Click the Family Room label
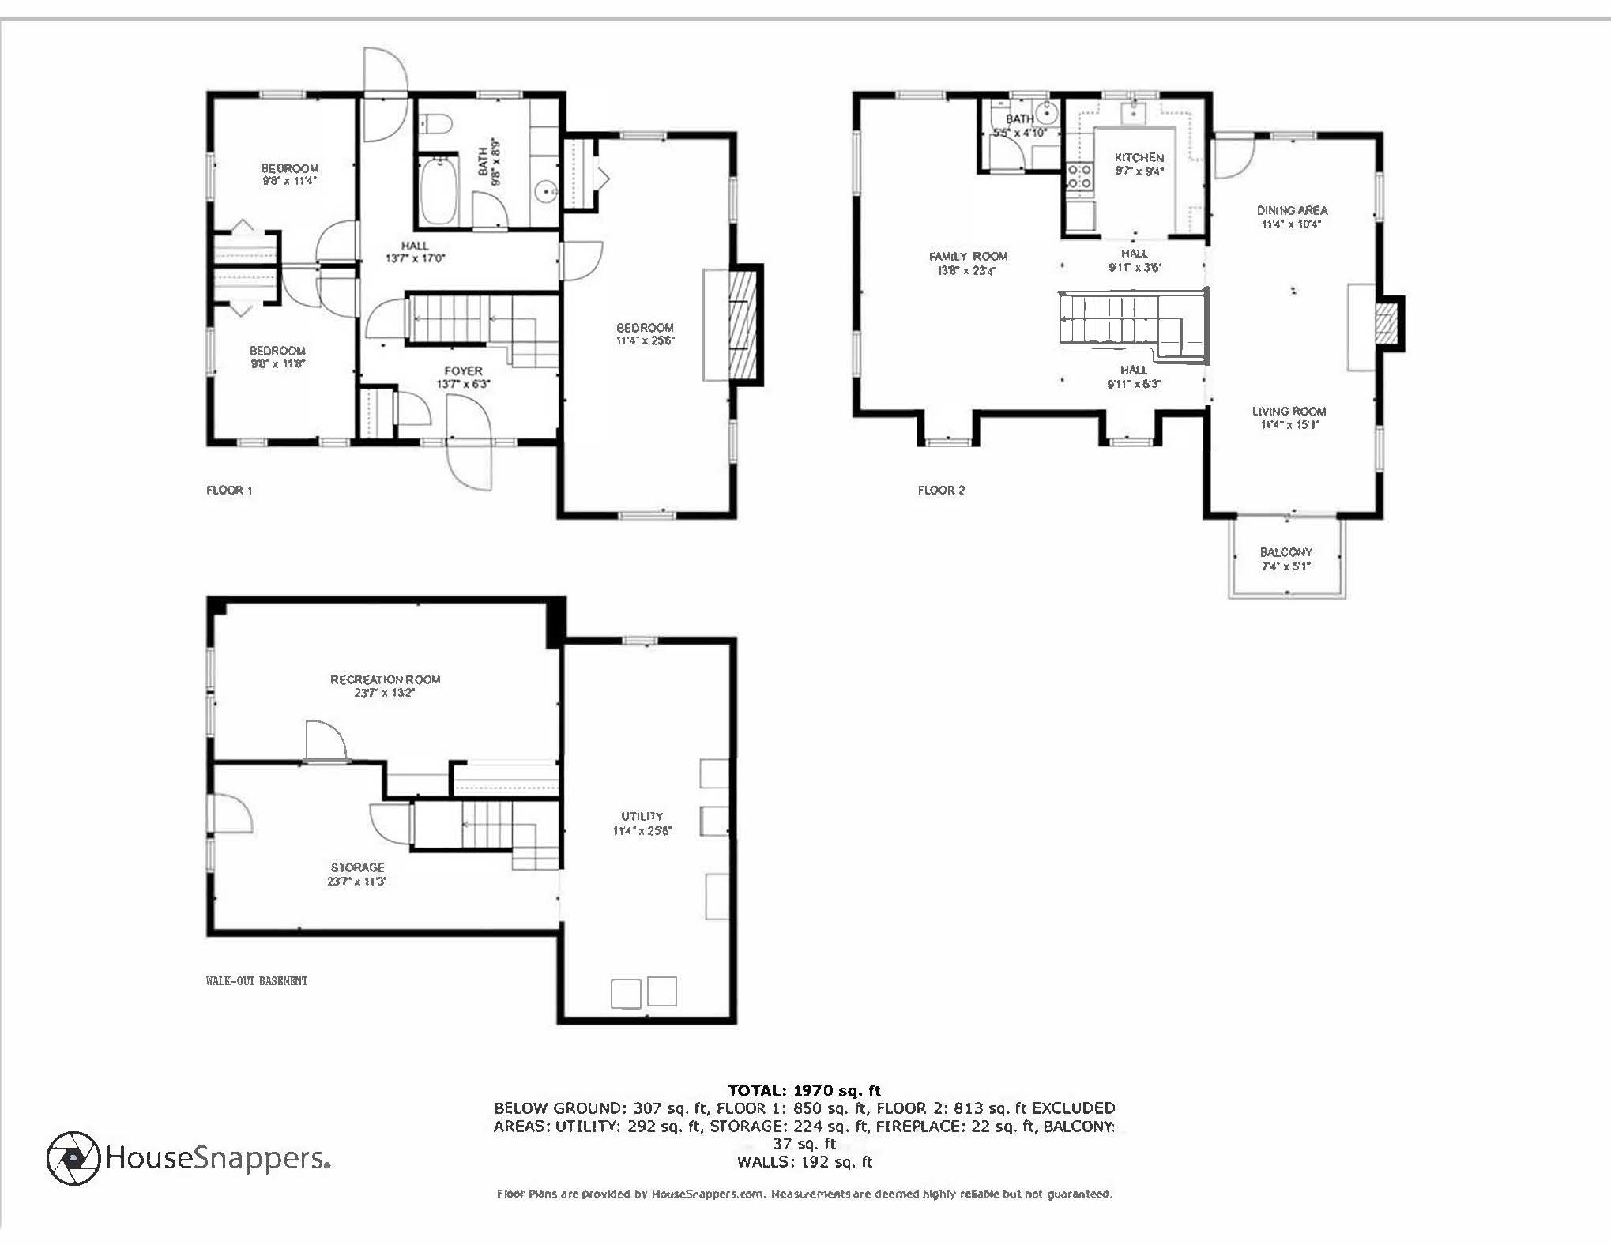pos(968,256)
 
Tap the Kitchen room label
pos(1139,157)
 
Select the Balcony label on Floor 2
pos(1285,552)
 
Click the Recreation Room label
pos(385,679)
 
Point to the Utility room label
pos(642,816)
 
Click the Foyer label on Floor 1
pos(463,370)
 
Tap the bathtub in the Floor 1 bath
pos(437,191)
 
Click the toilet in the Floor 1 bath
pos(435,124)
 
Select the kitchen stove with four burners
pos(1079,176)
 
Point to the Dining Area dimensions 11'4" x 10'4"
pos(1291,224)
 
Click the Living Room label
pos(1289,411)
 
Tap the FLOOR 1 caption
pos(229,490)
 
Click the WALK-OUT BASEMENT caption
pos(256,980)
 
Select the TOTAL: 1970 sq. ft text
pos(804,1091)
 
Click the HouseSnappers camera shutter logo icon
pos(73,1157)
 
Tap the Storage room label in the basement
pos(357,867)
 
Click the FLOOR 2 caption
pos(941,490)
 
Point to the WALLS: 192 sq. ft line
pos(804,1161)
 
